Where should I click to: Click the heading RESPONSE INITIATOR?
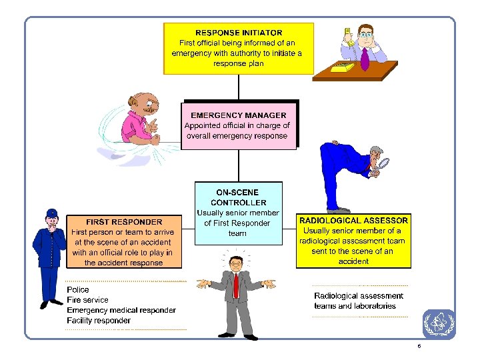click(239, 32)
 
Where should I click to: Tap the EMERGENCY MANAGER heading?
click(238, 115)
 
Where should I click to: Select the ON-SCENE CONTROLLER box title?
click(238, 197)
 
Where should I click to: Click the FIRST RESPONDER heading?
click(124, 221)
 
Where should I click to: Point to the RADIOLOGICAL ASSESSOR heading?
click(353, 220)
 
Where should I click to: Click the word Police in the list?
click(78, 290)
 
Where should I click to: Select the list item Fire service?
click(87, 300)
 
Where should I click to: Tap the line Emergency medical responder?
click(121, 310)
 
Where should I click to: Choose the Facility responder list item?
click(99, 320)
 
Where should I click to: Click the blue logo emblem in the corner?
click(439, 324)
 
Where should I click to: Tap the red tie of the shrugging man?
click(235, 285)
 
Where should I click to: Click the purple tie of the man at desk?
click(365, 59)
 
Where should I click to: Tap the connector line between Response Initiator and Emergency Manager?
click(239, 87)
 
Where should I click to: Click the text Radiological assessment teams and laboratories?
click(358, 301)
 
